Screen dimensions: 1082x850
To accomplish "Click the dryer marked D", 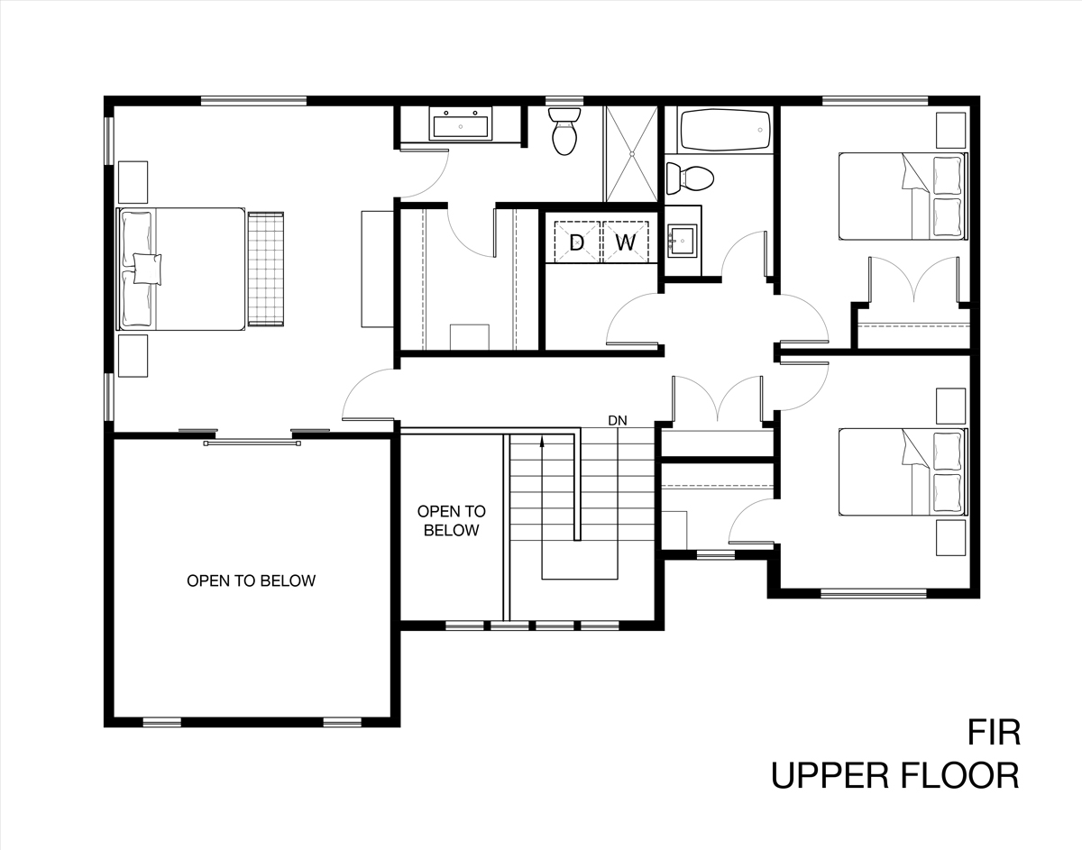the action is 577,242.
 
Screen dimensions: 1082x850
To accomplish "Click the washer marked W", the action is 626,242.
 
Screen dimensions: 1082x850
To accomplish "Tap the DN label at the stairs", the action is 618,421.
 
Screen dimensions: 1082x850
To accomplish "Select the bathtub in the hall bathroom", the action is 725,130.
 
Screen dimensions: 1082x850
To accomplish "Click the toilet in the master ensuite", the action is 564,132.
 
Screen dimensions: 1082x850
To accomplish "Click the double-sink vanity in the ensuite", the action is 460,123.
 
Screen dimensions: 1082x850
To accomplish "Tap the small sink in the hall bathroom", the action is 683,241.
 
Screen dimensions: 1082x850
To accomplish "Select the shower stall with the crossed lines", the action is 632,154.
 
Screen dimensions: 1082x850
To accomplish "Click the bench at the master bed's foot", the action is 266,270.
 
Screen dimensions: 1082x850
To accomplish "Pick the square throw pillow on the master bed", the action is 148,269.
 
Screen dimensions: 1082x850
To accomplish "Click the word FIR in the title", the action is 994,733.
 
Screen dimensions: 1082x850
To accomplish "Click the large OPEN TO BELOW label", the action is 251,580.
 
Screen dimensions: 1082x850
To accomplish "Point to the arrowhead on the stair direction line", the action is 542,442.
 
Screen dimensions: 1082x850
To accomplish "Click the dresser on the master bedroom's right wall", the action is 378,269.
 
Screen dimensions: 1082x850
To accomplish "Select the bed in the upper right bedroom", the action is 903,197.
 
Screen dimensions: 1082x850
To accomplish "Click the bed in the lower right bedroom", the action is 903,471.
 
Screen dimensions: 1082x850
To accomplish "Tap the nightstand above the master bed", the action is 133,182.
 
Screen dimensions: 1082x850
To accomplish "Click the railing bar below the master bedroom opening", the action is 252,443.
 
